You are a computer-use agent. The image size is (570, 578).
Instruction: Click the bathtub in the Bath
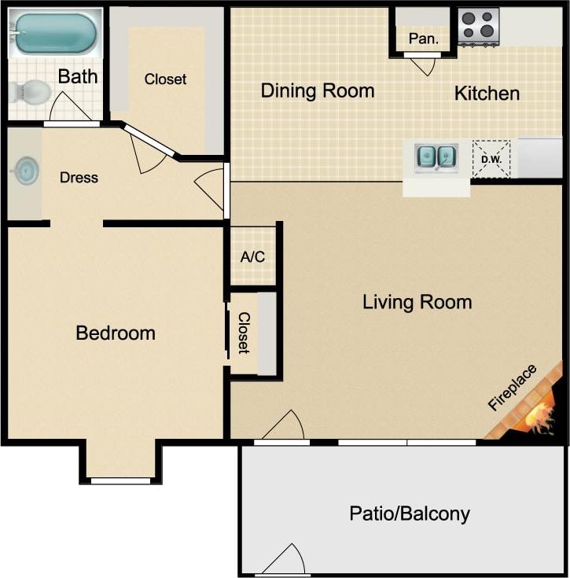55,33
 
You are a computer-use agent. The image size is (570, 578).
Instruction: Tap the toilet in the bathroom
30,93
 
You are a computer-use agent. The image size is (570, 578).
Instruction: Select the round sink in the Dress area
26,170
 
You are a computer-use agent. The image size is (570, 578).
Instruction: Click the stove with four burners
478,26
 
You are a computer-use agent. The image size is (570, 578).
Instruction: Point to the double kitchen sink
436,156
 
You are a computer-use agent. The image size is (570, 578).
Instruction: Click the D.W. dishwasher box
491,159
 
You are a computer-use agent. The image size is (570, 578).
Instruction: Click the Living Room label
417,301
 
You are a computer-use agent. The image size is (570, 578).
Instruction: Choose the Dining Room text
318,90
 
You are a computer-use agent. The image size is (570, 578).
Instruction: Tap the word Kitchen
487,94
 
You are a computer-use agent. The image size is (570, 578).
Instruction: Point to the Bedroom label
116,333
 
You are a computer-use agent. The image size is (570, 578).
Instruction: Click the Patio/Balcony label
409,514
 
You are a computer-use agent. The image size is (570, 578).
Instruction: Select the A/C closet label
252,256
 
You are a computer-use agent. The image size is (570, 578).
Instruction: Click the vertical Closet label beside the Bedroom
244,333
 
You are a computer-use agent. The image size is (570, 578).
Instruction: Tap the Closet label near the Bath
165,79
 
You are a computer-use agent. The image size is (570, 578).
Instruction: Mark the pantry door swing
425,64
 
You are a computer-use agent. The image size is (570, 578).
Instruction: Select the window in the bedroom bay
120,480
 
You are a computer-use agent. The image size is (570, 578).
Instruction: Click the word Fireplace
512,388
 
